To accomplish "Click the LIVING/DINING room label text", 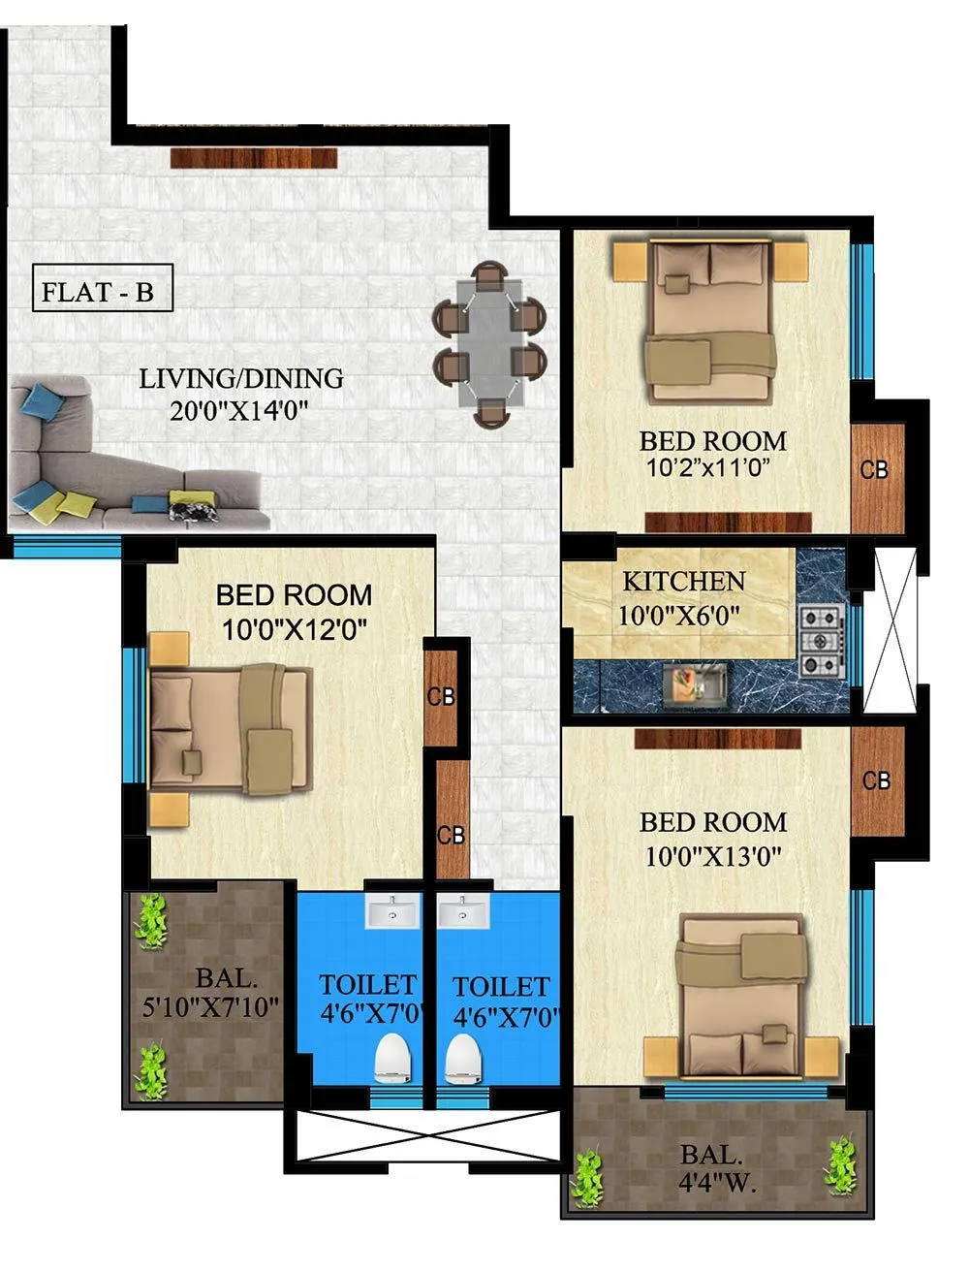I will pyautogui.click(x=240, y=378).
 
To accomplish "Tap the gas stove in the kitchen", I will pyautogui.click(x=820, y=640).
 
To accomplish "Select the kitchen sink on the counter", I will pyautogui.click(x=694, y=683).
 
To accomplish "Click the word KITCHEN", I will pyautogui.click(x=683, y=582).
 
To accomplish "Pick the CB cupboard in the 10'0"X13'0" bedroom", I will pyautogui.click(x=877, y=779).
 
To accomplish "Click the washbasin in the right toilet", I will pyautogui.click(x=464, y=911).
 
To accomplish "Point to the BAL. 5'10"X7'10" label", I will pyautogui.click(x=211, y=993).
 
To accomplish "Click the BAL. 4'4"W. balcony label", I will pyautogui.click(x=717, y=1169).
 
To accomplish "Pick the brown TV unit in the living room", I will pyautogui.click(x=254, y=158).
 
